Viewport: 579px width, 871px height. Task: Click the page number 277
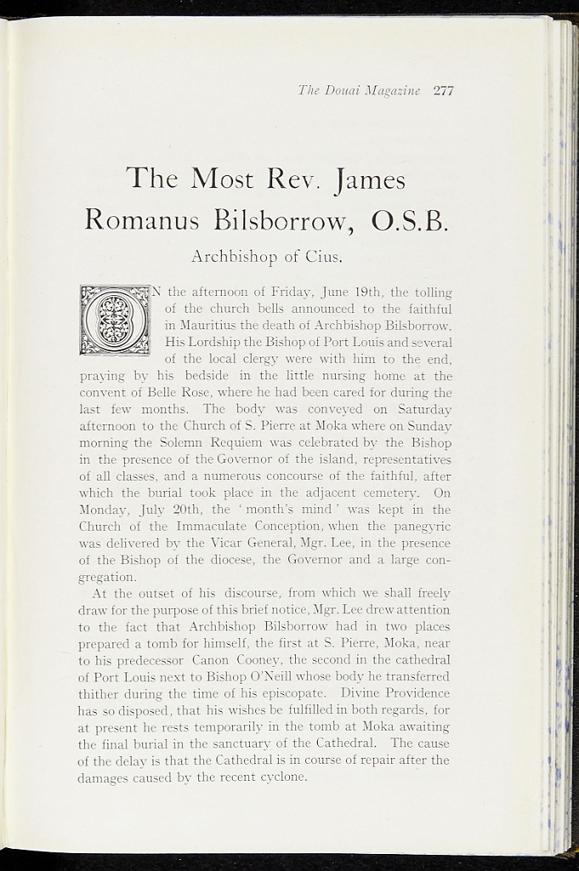coord(443,90)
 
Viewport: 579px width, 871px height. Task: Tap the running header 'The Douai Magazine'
coord(360,90)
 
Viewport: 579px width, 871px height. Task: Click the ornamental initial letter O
coord(114,320)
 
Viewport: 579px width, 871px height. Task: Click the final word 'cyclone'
coord(281,777)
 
